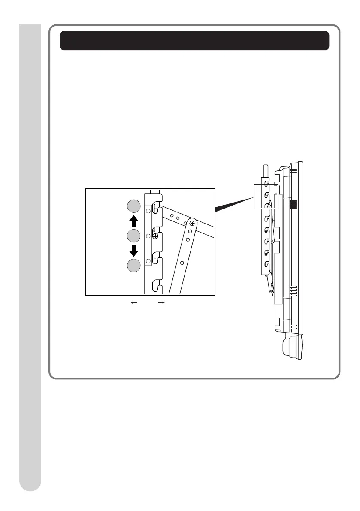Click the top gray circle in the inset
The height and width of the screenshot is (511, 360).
pos(133,207)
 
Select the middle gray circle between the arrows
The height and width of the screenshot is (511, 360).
pos(133,236)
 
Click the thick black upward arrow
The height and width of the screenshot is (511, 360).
pos(133,221)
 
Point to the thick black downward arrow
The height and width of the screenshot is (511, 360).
pos(133,251)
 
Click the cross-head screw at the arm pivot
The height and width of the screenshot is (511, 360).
pos(192,223)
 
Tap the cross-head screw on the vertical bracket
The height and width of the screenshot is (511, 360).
pos(155,236)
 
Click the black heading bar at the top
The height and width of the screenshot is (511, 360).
pos(194,40)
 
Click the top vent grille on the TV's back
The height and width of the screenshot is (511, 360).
pos(293,170)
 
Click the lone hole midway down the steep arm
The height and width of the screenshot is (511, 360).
pos(182,262)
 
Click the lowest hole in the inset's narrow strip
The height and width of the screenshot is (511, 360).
pos(148,260)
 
